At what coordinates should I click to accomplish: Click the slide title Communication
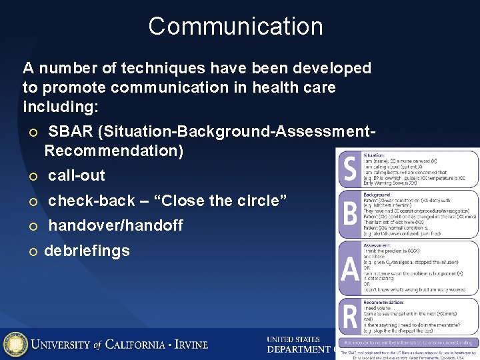[235, 27]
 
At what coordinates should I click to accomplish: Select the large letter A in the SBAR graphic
[349, 268]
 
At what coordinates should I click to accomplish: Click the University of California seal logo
[15, 344]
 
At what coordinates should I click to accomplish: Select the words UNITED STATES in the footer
[293, 339]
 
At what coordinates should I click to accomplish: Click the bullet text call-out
[77, 176]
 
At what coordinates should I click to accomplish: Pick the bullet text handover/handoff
[115, 226]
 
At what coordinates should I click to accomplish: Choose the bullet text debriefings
[87, 251]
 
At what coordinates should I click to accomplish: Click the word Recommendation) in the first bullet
[113, 151]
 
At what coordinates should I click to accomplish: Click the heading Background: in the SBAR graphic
[377, 194]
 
